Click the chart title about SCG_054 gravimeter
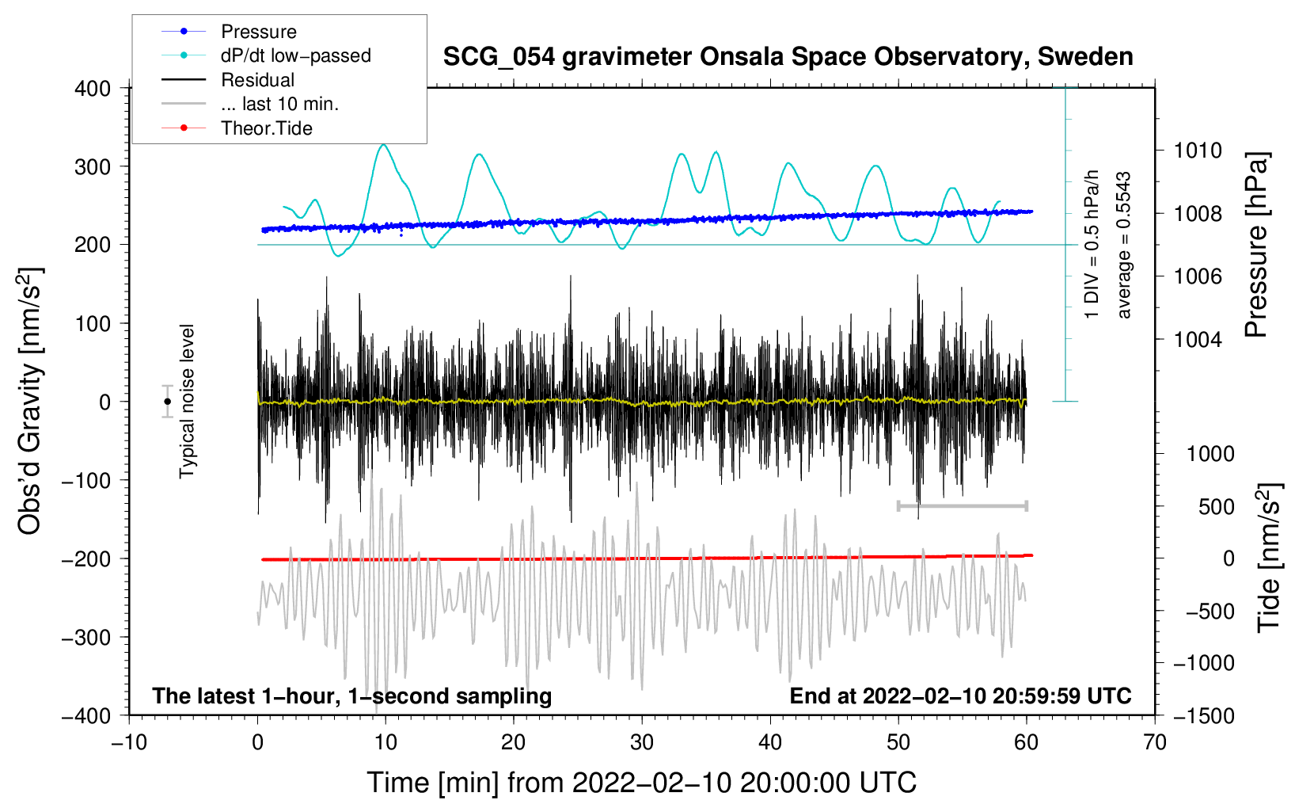(788, 57)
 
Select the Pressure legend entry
(258, 32)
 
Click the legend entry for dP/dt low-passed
(295, 55)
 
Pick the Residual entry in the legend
(257, 80)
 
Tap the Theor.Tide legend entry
(266, 128)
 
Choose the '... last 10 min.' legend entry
(279, 104)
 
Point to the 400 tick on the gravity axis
(93, 89)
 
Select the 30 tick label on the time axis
(641, 742)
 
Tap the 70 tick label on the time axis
(1154, 742)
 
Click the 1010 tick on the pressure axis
(1198, 151)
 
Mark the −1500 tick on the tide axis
(1204, 715)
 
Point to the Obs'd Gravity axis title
(30, 402)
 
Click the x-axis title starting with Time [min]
(641, 783)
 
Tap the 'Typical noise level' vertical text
(187, 402)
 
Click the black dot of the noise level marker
(167, 402)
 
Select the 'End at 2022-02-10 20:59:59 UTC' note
(960, 696)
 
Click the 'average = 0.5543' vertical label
(1124, 246)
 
